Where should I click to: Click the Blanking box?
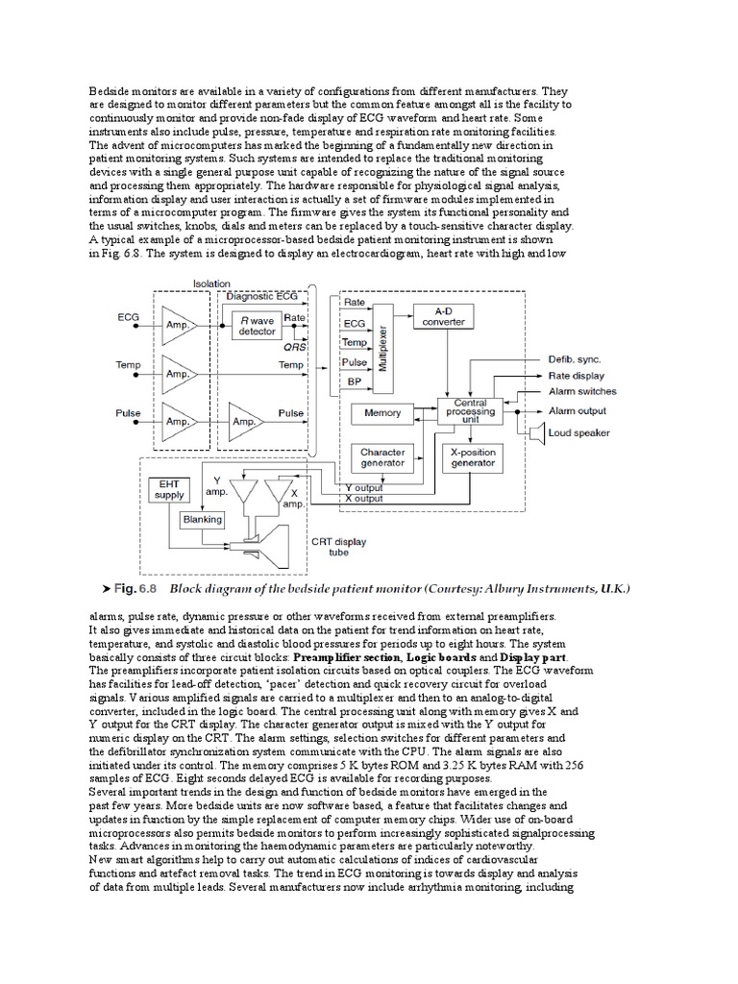[x=203, y=520]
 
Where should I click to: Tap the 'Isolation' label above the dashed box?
[x=211, y=284]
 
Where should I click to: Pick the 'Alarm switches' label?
[x=582, y=392]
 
